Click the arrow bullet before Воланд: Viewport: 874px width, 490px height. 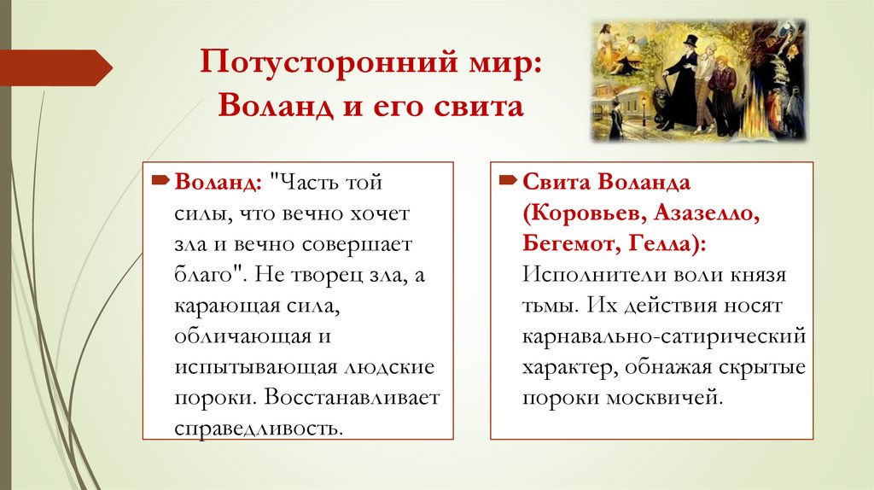(160, 182)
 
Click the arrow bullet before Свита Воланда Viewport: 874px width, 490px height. (508, 182)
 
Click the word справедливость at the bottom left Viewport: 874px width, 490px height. (256, 428)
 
